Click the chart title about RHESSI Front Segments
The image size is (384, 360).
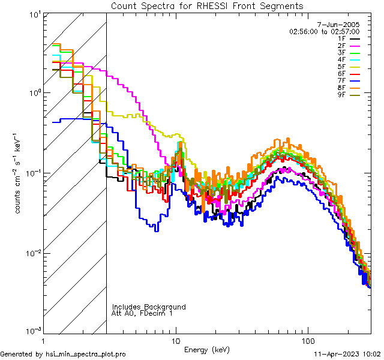[x=207, y=5]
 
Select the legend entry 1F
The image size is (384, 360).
[x=342, y=38]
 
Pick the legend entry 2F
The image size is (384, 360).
[x=342, y=46]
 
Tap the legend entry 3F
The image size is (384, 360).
[x=342, y=53]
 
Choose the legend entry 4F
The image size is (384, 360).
[x=342, y=60]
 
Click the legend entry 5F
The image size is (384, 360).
[x=342, y=67]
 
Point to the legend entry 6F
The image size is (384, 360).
[x=342, y=74]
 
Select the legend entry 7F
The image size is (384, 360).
[x=342, y=81]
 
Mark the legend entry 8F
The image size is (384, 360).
[x=342, y=88]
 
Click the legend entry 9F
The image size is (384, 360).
[x=342, y=95]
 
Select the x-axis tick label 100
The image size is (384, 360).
[x=308, y=341]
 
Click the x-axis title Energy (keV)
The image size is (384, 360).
[x=207, y=350]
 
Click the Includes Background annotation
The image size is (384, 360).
[x=149, y=307]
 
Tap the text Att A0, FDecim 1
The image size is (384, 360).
[x=143, y=313]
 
